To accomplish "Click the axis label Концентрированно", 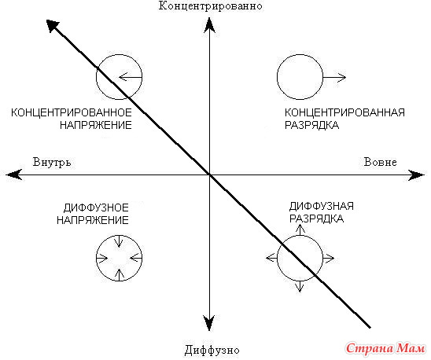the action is pos(210,6).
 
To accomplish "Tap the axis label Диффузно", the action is pos(212,350).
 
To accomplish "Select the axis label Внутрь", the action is pos(52,162).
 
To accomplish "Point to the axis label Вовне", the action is pos(380,162).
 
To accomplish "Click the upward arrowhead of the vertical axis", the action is pos(209,25).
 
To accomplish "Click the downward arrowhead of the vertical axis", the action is pos(209,322).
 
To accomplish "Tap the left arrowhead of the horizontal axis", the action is pos(14,174).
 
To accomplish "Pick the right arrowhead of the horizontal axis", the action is pos(416,175).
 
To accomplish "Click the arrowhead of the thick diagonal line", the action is pos(53,26).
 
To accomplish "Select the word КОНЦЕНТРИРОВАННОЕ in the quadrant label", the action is pos(72,112).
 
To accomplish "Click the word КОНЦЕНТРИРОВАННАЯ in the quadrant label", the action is pos(344,112).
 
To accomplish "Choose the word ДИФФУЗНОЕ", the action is pos(96,208).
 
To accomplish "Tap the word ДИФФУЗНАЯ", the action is pos(322,206).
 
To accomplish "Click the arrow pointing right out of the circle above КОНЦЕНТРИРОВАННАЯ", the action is pos(334,78).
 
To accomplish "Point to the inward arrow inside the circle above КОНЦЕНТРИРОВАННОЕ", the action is pos(131,77).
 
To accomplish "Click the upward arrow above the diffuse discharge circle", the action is pos(300,230).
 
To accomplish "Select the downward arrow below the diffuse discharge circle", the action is pos(300,286).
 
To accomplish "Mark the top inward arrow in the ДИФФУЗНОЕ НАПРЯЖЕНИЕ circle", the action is pos(119,241).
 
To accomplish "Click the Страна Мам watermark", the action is pos(385,349).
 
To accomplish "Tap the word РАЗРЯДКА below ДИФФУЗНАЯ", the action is pos(317,219).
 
